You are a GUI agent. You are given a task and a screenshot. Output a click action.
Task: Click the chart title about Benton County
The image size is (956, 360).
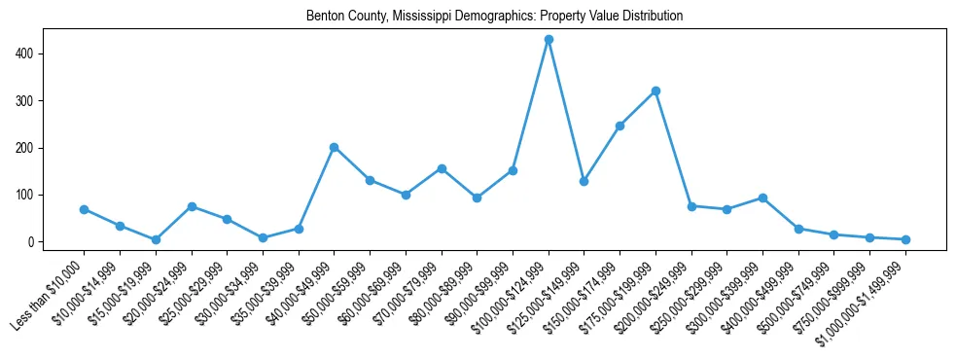pyautogui.click(x=494, y=17)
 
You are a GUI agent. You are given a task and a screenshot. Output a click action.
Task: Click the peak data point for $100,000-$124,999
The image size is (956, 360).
pyautogui.click(x=549, y=39)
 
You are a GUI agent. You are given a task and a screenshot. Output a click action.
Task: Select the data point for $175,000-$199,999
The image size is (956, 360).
pyautogui.click(x=655, y=90)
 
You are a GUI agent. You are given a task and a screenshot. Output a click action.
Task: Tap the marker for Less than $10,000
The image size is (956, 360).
pyautogui.click(x=84, y=209)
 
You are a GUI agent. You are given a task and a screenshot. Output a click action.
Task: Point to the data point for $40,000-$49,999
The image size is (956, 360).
pyautogui.click(x=334, y=147)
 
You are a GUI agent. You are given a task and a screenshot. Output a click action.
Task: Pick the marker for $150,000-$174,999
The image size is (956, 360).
pyautogui.click(x=620, y=126)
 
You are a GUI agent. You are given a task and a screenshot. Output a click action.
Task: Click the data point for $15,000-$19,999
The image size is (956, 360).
pyautogui.click(x=156, y=239)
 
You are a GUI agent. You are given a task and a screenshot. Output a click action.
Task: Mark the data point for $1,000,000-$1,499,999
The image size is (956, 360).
pyautogui.click(x=905, y=239)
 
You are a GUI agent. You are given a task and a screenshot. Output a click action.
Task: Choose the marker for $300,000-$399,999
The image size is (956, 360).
pyautogui.click(x=762, y=198)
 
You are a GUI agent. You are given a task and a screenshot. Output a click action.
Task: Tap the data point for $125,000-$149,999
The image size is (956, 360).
pyautogui.click(x=584, y=181)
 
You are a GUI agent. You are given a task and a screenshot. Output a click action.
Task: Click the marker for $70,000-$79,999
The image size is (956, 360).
pyautogui.click(x=442, y=168)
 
